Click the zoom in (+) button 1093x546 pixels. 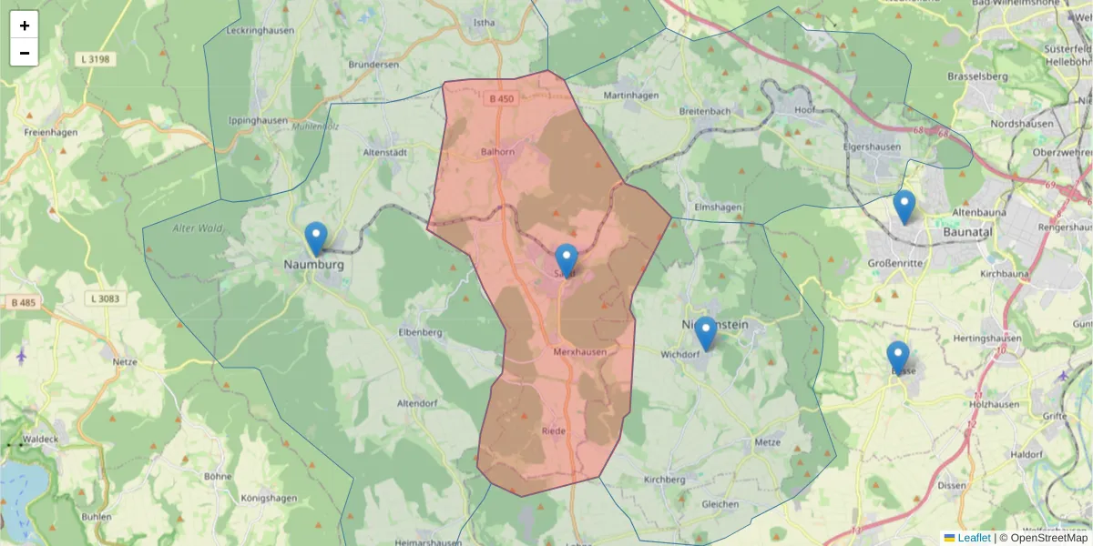(25, 25)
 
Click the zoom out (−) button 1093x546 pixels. (25, 53)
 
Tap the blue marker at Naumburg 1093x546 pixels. (316, 239)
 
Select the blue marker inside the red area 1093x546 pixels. (567, 261)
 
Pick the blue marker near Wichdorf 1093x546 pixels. (705, 334)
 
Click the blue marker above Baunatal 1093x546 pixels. (904, 207)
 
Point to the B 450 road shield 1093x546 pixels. (501, 98)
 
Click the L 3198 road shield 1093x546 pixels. (94, 59)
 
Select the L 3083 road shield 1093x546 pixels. (107, 298)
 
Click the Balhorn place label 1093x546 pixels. (498, 152)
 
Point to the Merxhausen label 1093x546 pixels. (579, 351)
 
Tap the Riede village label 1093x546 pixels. (554, 431)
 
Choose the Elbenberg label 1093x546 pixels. (420, 332)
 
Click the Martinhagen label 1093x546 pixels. (630, 95)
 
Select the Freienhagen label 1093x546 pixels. (50, 132)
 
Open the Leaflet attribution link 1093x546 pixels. (974, 538)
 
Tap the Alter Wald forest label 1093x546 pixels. (197, 228)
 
